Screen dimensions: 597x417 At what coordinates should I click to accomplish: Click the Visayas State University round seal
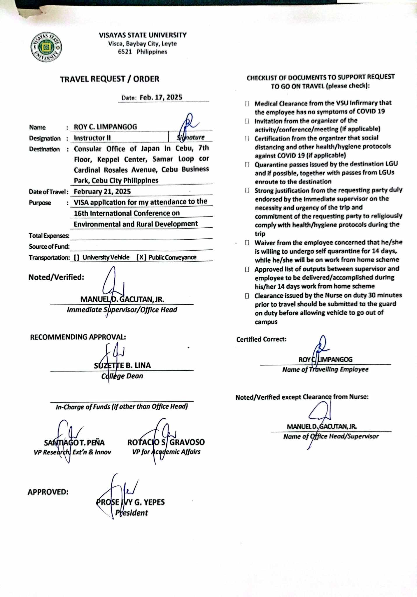point(46,47)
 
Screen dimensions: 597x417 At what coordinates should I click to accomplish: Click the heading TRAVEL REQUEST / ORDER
point(110,79)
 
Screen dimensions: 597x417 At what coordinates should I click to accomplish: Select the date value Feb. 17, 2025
point(161,97)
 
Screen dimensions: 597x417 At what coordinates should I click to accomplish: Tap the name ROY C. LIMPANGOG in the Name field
point(105,127)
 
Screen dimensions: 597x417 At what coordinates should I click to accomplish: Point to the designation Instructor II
point(92,138)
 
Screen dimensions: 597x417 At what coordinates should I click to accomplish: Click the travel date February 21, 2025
point(102,192)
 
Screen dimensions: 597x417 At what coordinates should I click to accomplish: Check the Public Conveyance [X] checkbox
point(141,257)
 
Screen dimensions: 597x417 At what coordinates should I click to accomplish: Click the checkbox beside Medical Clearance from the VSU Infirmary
point(247,104)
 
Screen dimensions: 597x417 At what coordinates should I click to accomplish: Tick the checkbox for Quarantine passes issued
point(247,165)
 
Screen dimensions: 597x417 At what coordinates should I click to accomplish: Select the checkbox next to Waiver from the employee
point(247,243)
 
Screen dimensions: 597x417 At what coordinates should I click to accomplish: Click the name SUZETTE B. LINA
point(122,365)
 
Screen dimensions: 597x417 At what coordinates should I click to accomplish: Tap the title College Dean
point(122,376)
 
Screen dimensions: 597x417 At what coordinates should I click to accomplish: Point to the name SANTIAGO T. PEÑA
point(74,443)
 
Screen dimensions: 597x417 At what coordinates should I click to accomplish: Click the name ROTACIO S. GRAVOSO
point(166,442)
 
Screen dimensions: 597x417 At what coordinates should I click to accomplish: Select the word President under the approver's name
point(132,513)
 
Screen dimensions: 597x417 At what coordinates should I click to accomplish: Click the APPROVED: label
point(48,492)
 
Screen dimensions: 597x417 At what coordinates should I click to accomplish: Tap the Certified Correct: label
point(261,339)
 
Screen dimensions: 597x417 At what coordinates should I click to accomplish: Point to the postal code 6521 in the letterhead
point(125,52)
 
